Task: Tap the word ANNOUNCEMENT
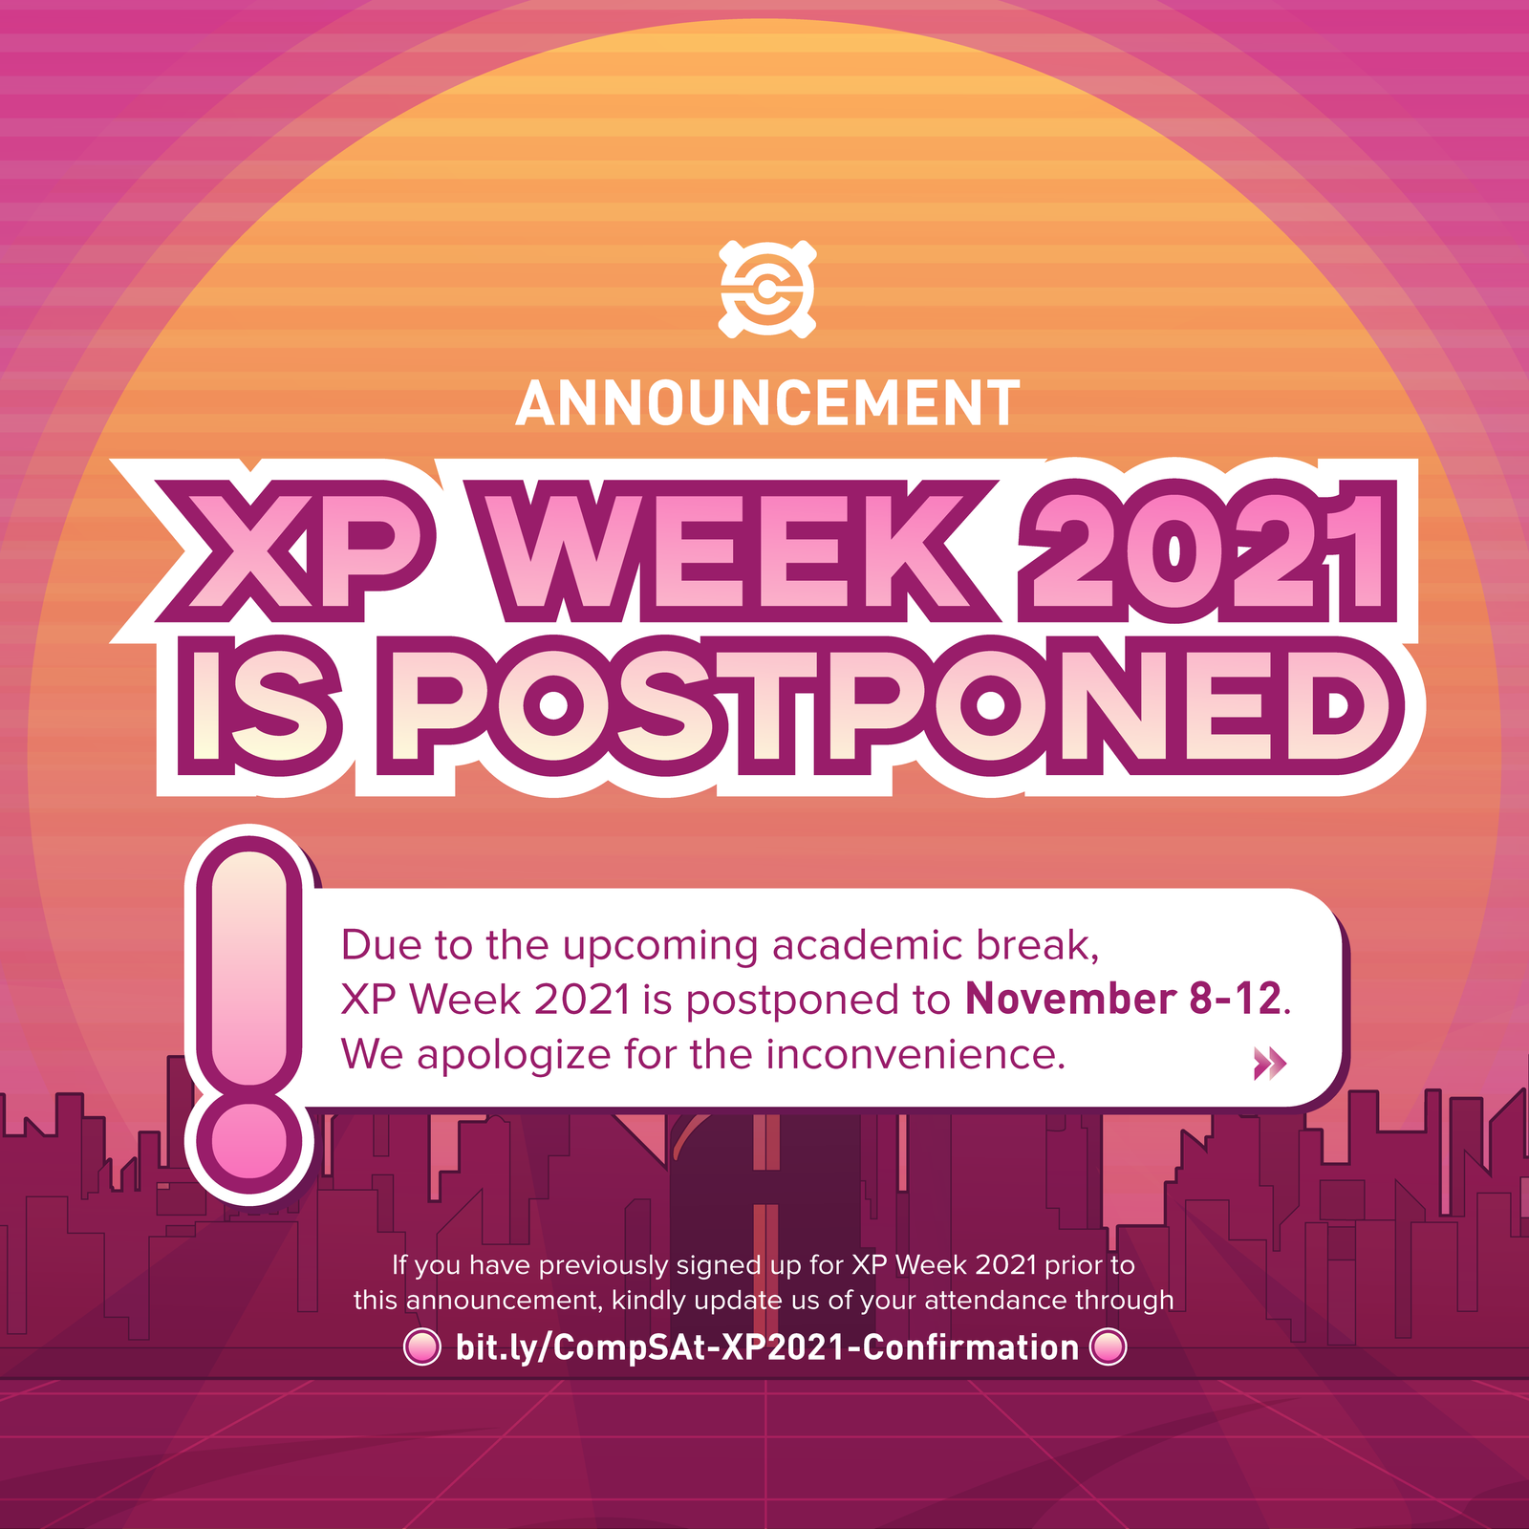pyautogui.click(x=768, y=403)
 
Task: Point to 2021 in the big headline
pyautogui.click(x=1208, y=547)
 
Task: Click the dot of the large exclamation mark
pyautogui.click(x=249, y=1142)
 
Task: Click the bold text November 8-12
pyautogui.click(x=1123, y=1000)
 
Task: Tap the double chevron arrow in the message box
pyautogui.click(x=1270, y=1063)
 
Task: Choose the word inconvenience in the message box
pyautogui.click(x=915, y=1055)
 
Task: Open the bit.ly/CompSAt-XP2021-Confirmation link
pyautogui.click(x=766, y=1348)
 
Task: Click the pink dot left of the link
pyautogui.click(x=421, y=1347)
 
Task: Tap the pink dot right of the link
pyautogui.click(x=1109, y=1347)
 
